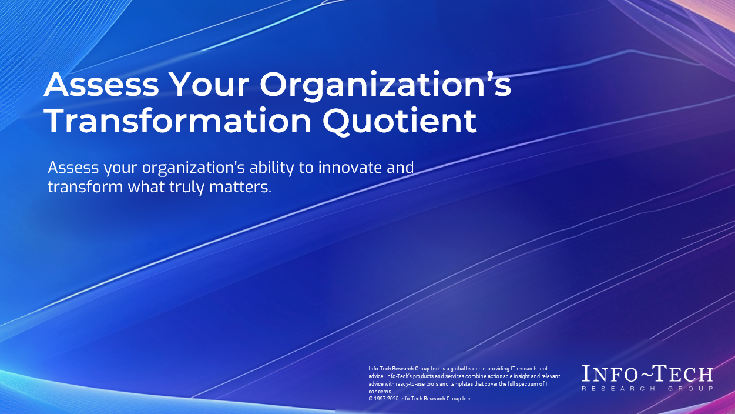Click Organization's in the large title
click(385, 85)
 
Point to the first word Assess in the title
click(101, 85)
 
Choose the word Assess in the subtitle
click(73, 167)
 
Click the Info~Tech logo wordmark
click(647, 374)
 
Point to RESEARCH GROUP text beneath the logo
click(647, 389)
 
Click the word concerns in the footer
click(380, 391)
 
